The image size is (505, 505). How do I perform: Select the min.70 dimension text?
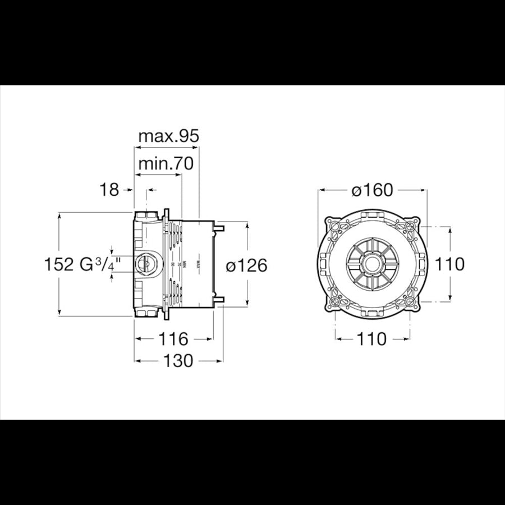point(166,163)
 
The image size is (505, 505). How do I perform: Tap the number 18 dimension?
point(110,190)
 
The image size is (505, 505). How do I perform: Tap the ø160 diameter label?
point(372,190)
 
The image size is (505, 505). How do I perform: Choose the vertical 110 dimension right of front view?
point(450,264)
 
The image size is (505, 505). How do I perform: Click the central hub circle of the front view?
point(371,264)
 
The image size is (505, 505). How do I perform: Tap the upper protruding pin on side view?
point(219,228)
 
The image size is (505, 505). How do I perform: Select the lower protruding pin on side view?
point(219,300)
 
